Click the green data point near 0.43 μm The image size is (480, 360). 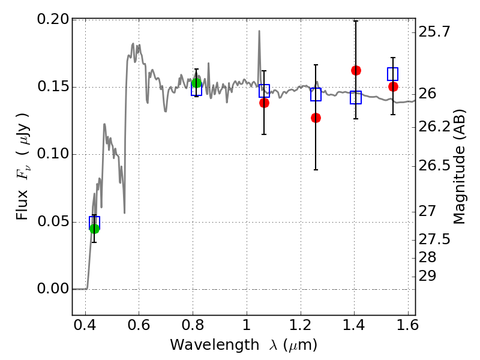[x=94, y=228]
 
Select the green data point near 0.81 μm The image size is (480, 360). [x=196, y=83]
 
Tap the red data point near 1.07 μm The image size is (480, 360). [x=264, y=103]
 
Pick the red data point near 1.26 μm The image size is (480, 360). [x=316, y=118]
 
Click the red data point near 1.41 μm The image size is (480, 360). [x=356, y=70]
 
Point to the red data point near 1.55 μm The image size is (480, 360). [x=393, y=86]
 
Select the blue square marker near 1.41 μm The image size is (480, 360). [x=356, y=97]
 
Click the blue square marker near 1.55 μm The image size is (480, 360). [x=393, y=74]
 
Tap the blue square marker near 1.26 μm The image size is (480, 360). [x=316, y=94]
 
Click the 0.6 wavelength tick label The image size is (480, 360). [x=139, y=327]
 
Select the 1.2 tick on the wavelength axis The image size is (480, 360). [x=300, y=327]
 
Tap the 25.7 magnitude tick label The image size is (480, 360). [x=434, y=31]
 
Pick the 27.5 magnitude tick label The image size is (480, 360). [x=434, y=239]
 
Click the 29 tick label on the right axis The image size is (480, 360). [x=428, y=276]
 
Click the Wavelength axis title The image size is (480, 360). [x=243, y=345]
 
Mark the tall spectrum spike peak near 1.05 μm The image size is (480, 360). [x=259, y=31]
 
